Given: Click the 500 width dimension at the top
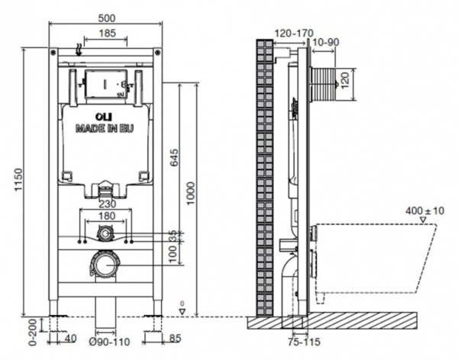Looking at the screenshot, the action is [107, 18].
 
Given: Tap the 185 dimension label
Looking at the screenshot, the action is [108, 33].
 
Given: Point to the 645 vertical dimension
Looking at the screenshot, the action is [174, 157].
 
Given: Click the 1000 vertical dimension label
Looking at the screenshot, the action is [190, 194].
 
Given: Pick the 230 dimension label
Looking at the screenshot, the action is [107, 204].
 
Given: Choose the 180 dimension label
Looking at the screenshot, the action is [107, 216].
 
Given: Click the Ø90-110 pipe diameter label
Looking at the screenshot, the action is [109, 342].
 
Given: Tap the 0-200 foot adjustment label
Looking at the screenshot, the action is [34, 333].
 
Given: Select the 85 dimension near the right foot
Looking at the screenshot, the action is [175, 339].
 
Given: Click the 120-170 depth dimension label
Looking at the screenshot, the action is [294, 34].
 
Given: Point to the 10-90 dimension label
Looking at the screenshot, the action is [326, 43].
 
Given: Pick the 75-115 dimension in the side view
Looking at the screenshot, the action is [304, 342].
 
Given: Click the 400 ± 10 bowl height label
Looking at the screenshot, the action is [424, 211].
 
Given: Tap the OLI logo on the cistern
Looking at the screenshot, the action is [105, 117].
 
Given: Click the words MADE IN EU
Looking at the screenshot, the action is [105, 128].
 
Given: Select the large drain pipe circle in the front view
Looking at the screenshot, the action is [104, 265].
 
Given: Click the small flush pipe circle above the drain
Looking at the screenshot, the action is [105, 233].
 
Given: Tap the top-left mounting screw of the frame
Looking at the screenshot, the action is [53, 53].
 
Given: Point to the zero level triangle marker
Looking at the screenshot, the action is [182, 312].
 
